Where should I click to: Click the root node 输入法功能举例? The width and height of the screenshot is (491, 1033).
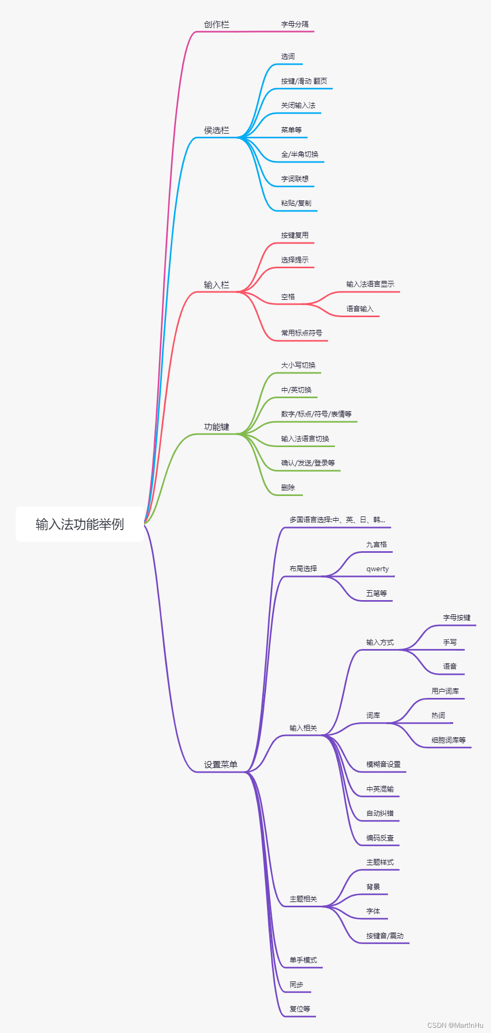point(80,524)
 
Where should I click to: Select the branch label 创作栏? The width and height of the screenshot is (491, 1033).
point(217,24)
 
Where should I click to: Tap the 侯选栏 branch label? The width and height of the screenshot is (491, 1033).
point(217,130)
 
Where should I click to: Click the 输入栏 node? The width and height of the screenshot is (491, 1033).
point(217,285)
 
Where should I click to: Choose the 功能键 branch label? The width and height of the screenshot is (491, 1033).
point(217,427)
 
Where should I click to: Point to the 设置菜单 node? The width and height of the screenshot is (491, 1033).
point(221,764)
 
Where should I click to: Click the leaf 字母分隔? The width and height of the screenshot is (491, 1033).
point(295,24)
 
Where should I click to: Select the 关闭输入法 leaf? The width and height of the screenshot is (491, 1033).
point(298,105)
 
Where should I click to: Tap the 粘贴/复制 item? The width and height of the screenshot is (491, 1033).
point(296,203)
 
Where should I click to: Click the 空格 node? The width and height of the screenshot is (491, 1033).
point(288,297)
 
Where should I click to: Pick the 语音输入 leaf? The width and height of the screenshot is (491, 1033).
point(360,309)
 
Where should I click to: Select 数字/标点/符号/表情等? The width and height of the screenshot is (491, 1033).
point(316,414)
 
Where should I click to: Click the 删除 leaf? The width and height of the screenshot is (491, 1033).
point(288,488)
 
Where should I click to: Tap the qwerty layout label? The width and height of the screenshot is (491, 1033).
point(377,569)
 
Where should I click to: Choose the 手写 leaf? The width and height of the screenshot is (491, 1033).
point(450,642)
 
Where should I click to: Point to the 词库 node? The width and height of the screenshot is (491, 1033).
point(373,715)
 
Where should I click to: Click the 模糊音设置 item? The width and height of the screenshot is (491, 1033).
point(384,764)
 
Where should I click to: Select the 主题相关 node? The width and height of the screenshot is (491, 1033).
point(303,899)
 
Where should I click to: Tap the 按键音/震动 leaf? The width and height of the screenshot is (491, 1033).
point(385,936)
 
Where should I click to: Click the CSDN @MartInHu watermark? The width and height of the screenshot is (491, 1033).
point(455,1025)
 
